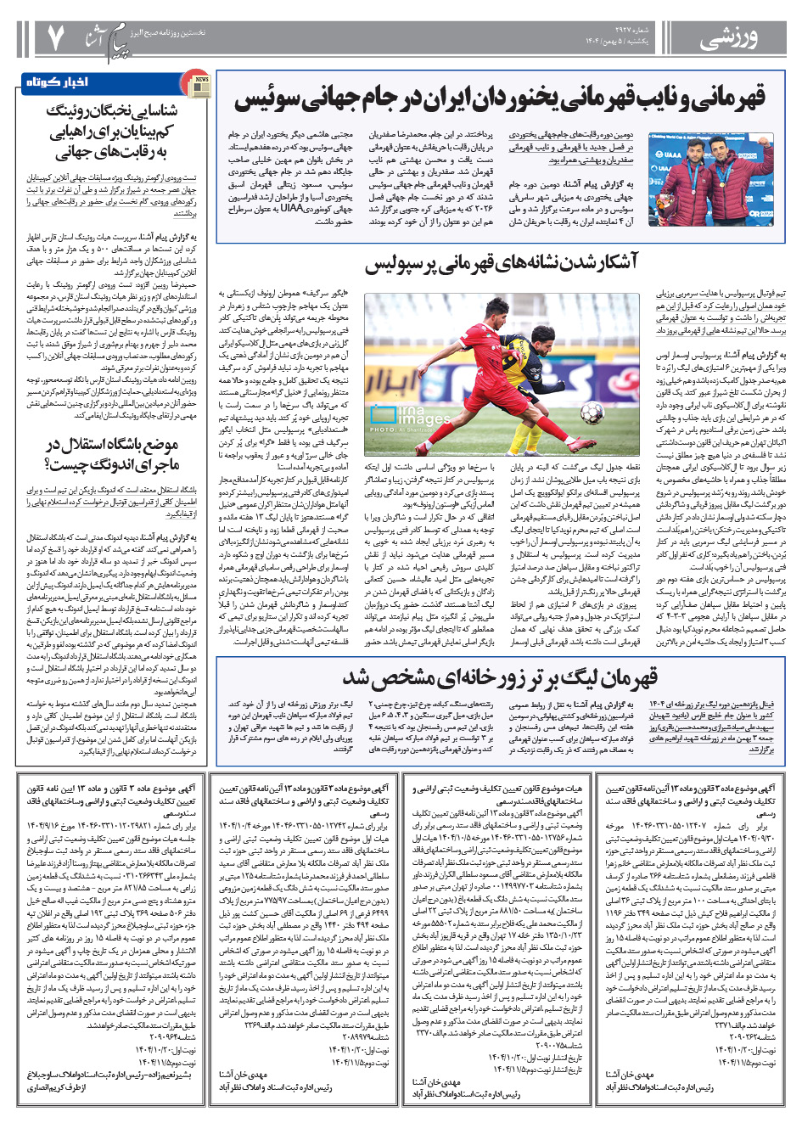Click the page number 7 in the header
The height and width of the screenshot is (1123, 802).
(x=55, y=36)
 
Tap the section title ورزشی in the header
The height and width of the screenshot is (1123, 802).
(x=729, y=39)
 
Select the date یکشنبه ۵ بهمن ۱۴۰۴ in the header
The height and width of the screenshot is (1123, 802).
(x=617, y=42)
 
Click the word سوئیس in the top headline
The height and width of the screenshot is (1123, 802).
(x=266, y=99)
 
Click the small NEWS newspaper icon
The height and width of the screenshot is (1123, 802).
(x=198, y=83)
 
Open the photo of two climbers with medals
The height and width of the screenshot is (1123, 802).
(x=710, y=179)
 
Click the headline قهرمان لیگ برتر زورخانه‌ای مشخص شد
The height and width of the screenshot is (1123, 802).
(x=500, y=678)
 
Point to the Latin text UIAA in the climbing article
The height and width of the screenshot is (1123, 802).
(x=292, y=208)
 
